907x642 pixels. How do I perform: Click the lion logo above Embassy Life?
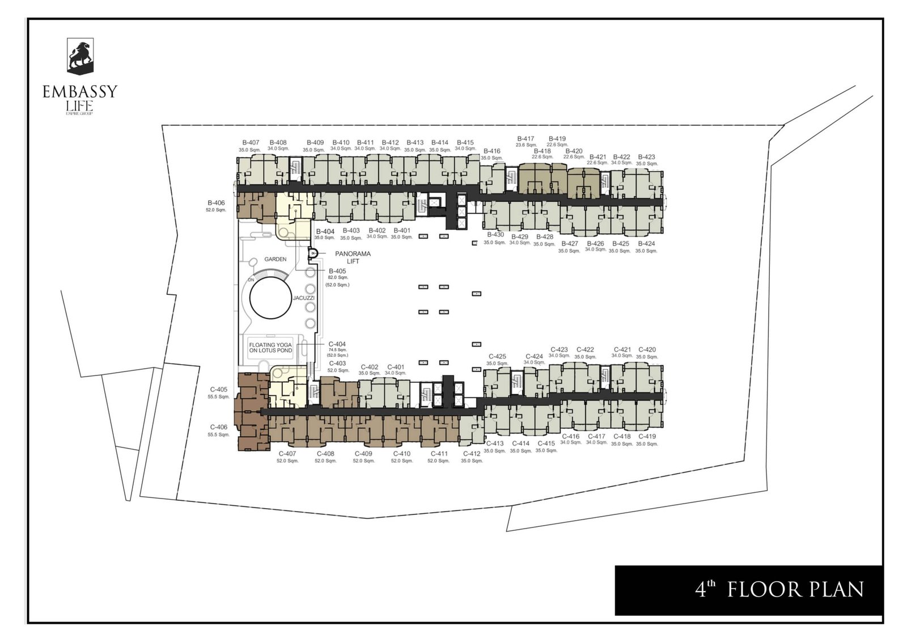80,56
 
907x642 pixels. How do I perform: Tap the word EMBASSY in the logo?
80,91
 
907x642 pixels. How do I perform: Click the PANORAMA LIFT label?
353,257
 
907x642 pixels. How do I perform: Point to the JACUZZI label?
303,298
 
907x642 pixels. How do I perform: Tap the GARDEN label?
276,259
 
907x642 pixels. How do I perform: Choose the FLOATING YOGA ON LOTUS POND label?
270,348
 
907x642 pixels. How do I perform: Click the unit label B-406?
216,202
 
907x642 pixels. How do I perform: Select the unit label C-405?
218,390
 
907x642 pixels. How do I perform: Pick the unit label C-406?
218,427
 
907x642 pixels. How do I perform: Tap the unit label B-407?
251,142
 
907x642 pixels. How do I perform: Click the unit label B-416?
491,151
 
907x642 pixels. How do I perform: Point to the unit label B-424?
646,244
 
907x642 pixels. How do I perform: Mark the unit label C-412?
472,454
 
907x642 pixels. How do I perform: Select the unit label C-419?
647,437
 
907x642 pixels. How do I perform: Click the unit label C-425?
497,357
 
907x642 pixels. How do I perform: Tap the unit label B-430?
495,235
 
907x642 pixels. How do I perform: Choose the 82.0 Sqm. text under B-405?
337,278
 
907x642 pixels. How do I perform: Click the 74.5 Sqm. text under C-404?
337,350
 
